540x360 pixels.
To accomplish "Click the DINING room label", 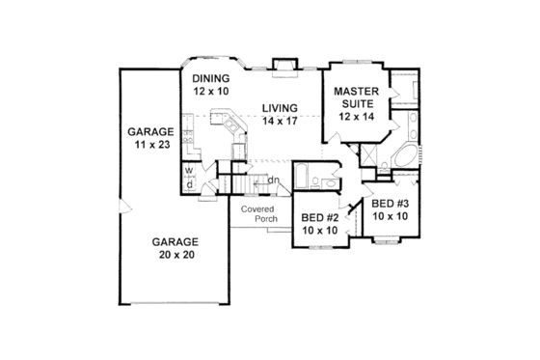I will click(209, 78).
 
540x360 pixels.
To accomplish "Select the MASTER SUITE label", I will click(354, 98).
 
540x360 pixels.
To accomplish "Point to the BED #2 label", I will click(317, 218).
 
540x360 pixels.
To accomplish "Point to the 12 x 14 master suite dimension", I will click(354, 115).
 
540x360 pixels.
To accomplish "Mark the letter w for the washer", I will click(189, 170).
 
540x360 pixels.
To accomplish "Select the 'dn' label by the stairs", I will click(273, 179).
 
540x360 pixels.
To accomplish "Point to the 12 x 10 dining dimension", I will click(209, 91).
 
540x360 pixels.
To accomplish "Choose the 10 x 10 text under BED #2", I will click(317, 231).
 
